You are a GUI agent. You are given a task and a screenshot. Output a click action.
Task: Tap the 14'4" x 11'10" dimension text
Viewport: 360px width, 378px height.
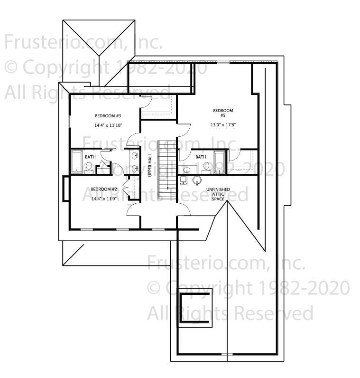pos(108,125)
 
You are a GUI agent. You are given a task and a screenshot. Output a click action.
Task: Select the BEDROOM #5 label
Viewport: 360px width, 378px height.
pos(222,113)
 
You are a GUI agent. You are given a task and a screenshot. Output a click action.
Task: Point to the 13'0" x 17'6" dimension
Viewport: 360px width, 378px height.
pos(223,125)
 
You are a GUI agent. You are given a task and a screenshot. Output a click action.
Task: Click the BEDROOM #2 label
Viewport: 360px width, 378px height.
pos(104,189)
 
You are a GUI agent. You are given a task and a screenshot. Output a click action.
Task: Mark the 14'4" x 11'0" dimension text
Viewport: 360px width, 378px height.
pos(104,198)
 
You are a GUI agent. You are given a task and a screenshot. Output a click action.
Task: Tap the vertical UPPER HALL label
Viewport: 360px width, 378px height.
pos(150,165)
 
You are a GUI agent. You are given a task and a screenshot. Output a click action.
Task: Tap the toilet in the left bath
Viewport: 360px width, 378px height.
pos(89,167)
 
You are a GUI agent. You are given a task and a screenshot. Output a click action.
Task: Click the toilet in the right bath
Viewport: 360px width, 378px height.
pos(206,166)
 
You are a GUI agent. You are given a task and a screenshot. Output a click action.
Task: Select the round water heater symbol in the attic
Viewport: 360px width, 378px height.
pos(197,180)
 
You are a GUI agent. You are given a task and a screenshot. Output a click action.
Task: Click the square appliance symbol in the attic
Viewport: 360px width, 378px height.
pos(184,180)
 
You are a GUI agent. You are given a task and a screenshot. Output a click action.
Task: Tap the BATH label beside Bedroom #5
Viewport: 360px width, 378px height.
pos(201,157)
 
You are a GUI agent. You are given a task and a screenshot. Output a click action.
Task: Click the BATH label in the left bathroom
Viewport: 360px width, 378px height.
pos(90,157)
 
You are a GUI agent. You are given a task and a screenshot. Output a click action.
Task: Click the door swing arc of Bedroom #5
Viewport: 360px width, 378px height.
pos(184,130)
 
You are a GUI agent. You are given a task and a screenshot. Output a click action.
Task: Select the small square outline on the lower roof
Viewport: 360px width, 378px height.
pos(195,308)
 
